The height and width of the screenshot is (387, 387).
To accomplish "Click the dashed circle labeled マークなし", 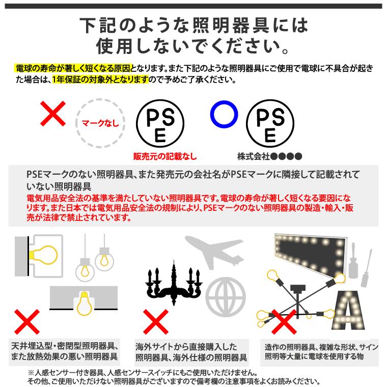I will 100,123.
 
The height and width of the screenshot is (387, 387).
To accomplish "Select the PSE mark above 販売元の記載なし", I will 160,123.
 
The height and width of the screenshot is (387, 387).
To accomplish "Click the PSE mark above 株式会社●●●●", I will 270,123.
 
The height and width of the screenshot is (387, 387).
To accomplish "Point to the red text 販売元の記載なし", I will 164,157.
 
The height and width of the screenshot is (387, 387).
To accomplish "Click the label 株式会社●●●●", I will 270,156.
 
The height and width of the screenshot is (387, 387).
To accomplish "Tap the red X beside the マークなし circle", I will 53,114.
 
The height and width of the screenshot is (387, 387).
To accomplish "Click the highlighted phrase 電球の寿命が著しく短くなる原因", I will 73,68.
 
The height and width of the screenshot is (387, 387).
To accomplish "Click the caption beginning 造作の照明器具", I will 321,351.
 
